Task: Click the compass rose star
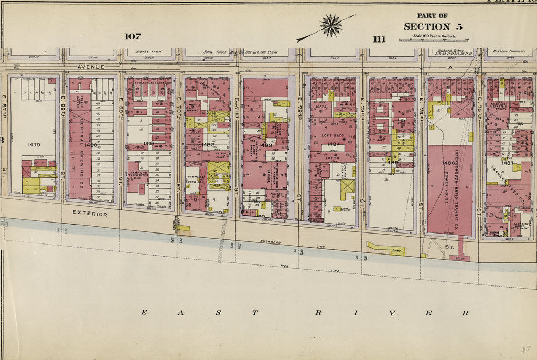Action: [331, 26]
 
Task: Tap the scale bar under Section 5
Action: [426, 40]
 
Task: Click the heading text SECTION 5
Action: [426, 26]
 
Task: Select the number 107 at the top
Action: [133, 36]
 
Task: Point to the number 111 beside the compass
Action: [379, 39]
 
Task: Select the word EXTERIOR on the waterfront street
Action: [90, 214]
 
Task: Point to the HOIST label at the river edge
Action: [459, 258]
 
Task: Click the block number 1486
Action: [449, 163]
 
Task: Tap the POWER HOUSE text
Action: [449, 194]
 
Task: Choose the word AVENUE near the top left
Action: [91, 67]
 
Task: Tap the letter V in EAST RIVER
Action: [392, 313]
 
